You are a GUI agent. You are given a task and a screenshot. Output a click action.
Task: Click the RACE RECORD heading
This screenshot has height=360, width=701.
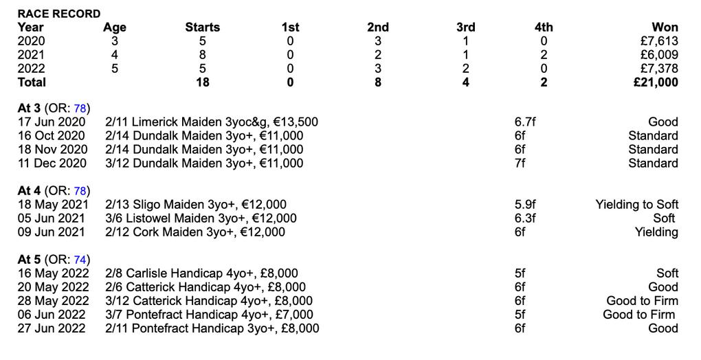[59, 14]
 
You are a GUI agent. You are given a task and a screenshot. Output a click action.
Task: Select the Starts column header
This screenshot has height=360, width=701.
[203, 27]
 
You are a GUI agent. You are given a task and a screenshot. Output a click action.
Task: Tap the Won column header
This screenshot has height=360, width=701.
[665, 27]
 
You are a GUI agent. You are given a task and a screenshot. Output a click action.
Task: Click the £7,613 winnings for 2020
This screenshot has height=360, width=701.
[658, 41]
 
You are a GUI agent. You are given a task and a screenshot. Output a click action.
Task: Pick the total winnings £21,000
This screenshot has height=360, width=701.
[655, 82]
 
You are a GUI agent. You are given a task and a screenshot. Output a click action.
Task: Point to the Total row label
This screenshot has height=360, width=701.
[32, 82]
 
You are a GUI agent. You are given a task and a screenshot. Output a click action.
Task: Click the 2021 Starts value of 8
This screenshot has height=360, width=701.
[203, 55]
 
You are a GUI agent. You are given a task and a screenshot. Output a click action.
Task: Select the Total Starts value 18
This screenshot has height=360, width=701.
[203, 82]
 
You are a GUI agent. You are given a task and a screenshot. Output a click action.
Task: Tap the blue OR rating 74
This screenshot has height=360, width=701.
[80, 260]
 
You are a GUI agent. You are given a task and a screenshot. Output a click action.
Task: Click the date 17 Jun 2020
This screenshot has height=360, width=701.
[52, 122]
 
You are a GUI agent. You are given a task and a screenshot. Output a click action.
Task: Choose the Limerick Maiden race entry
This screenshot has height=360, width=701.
[212, 122]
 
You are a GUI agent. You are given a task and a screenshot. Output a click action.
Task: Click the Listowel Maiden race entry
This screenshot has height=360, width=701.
[201, 218]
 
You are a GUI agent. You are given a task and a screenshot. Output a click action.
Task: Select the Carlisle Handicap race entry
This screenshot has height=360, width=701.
[201, 273]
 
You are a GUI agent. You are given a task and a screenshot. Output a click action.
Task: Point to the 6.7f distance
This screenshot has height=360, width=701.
[525, 122]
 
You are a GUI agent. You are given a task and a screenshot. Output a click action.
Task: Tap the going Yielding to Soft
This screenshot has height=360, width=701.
[636, 205]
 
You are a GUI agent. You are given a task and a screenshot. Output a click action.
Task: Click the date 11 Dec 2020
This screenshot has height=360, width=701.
[52, 164]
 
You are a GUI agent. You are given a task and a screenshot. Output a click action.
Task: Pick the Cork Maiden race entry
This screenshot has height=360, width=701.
[195, 232]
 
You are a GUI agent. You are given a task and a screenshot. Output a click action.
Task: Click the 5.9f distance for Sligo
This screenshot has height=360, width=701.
[525, 205]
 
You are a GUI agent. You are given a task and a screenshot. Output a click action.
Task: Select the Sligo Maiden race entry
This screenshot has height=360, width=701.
[196, 205]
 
